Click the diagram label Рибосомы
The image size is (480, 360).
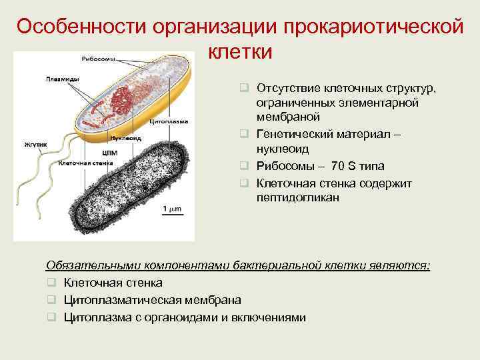tap(96, 57)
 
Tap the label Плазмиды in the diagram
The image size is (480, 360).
tap(61, 79)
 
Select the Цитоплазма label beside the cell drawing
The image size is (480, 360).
tap(169, 122)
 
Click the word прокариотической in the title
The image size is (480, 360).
tap(373, 27)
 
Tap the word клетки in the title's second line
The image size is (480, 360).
tap(240, 51)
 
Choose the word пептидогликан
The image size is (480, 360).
tap(297, 198)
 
